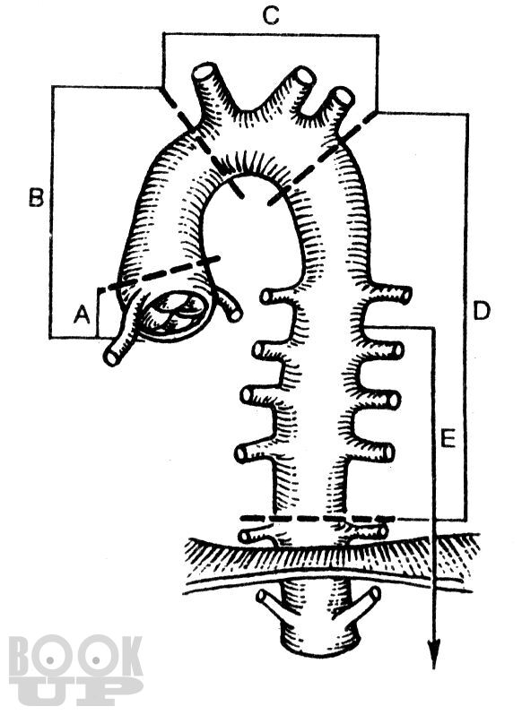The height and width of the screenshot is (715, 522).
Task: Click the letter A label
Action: point(83,314)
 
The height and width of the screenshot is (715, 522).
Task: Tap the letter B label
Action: point(37,198)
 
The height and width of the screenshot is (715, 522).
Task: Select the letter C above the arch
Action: point(271,16)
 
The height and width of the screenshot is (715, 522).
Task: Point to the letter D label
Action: point(482,311)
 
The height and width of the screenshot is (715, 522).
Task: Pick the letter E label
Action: point(448,439)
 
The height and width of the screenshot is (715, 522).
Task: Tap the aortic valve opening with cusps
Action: point(177,313)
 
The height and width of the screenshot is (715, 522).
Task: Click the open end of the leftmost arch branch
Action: point(204,72)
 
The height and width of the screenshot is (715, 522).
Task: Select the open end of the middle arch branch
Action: point(304,75)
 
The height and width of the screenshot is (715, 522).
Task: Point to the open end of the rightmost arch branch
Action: point(344,97)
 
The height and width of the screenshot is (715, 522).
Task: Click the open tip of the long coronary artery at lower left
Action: point(111,357)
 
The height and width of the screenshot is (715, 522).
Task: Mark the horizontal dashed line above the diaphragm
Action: point(317,519)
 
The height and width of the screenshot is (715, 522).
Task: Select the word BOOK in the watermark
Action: point(75,658)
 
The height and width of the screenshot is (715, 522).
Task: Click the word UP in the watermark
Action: point(75,691)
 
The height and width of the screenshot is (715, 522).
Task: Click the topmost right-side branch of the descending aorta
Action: point(387,293)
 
